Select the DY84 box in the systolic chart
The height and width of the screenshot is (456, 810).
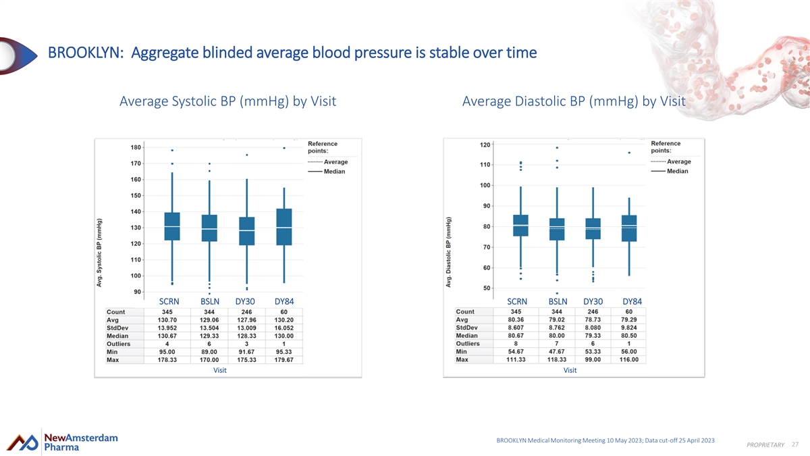tap(284, 227)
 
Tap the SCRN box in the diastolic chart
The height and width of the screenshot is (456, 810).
tap(520, 226)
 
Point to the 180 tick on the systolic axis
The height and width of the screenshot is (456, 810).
tap(136, 147)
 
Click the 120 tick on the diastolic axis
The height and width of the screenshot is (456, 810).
tap(485, 145)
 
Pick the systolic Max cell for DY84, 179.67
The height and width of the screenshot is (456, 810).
tap(284, 359)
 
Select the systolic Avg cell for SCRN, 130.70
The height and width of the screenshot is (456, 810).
tap(167, 320)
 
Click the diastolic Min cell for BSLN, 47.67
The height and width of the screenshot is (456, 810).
tap(556, 351)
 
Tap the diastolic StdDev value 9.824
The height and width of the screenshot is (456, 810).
tap(629, 328)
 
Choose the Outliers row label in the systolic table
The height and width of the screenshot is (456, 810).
tap(118, 344)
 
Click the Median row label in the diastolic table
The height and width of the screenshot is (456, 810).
tap(466, 336)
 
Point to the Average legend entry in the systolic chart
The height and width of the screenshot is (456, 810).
tap(327, 161)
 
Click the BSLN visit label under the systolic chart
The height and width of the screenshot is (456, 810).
tap(210, 301)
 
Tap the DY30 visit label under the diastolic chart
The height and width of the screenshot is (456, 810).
tap(593, 301)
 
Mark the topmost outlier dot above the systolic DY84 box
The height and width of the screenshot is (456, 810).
tap(284, 148)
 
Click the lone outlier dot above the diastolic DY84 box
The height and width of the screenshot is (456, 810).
tap(629, 153)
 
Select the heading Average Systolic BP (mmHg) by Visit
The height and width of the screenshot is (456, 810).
tap(228, 101)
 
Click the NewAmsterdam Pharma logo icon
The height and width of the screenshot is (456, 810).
tap(22, 442)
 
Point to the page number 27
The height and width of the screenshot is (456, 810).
tap(795, 445)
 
